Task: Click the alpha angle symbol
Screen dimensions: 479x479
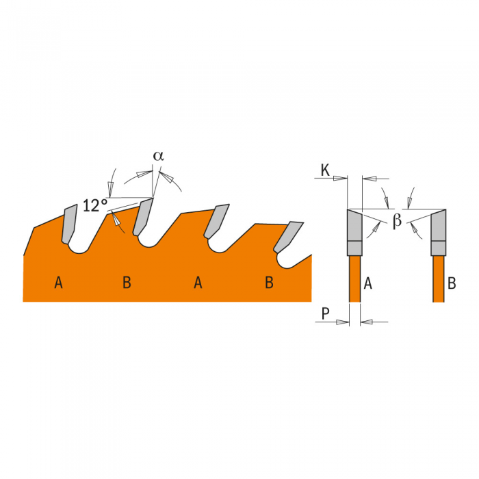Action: pos(159,156)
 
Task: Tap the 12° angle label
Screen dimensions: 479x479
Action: pos(95,205)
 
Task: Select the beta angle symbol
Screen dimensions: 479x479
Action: pos(397,220)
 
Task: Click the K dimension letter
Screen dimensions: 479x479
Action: pos(325,170)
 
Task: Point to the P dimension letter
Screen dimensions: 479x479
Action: pos(326,313)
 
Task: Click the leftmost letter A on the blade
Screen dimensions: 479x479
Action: pos(58,283)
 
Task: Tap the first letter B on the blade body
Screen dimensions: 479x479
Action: pos(127,283)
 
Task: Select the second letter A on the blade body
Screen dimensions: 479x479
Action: pos(198,283)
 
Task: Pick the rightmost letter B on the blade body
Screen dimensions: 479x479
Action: pos(269,283)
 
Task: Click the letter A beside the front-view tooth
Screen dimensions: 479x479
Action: pos(368,283)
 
